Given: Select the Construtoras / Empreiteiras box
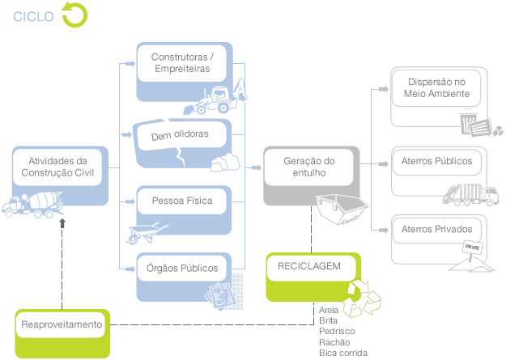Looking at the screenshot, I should [182, 63].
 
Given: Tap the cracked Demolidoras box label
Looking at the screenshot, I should [180, 135].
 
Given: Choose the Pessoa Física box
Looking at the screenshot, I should [182, 200].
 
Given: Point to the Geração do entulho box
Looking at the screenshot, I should [309, 168].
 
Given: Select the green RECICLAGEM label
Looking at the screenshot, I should [309, 266].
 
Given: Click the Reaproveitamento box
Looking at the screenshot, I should [63, 325].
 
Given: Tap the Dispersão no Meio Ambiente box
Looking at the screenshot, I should [436, 88].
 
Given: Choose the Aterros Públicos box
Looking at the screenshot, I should [436, 161].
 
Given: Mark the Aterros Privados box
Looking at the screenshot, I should [436, 230].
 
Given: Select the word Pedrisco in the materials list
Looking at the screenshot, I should [337, 331].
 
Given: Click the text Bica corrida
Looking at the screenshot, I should [343, 353].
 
